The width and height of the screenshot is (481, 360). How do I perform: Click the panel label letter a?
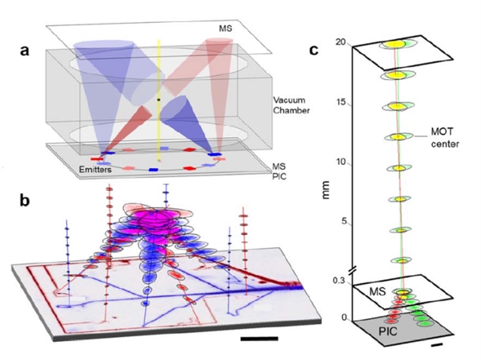pyautogui.click(x=25, y=50)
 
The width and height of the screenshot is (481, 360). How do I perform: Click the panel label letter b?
pyautogui.click(x=25, y=200)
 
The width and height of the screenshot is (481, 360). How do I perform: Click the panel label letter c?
pyautogui.click(x=313, y=50)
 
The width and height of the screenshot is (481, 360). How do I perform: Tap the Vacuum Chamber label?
pyautogui.click(x=291, y=105)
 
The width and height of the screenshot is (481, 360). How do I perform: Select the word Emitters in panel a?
pyautogui.click(x=95, y=169)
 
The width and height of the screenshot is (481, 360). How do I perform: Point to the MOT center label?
pyautogui.click(x=445, y=138)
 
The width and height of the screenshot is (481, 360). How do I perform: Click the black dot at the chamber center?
pyautogui.click(x=159, y=99)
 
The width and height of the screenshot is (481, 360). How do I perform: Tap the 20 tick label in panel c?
pyautogui.click(x=342, y=41)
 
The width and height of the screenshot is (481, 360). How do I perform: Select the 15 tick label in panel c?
pyautogui.click(x=341, y=102)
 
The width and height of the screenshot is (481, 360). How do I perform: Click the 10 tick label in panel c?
pyautogui.click(x=341, y=161)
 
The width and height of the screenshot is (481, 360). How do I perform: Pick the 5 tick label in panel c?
pyautogui.click(x=344, y=221)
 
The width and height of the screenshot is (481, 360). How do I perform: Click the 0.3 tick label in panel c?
pyautogui.click(x=339, y=280)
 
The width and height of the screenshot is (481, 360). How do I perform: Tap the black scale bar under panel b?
pyautogui.click(x=259, y=338)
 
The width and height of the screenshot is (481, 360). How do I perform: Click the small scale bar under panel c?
pyautogui.click(x=437, y=346)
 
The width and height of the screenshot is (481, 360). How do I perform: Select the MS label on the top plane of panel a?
pyautogui.click(x=225, y=29)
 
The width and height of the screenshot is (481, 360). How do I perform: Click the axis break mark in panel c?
pyautogui.click(x=353, y=270)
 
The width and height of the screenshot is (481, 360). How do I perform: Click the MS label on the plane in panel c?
pyautogui.click(x=377, y=291)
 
